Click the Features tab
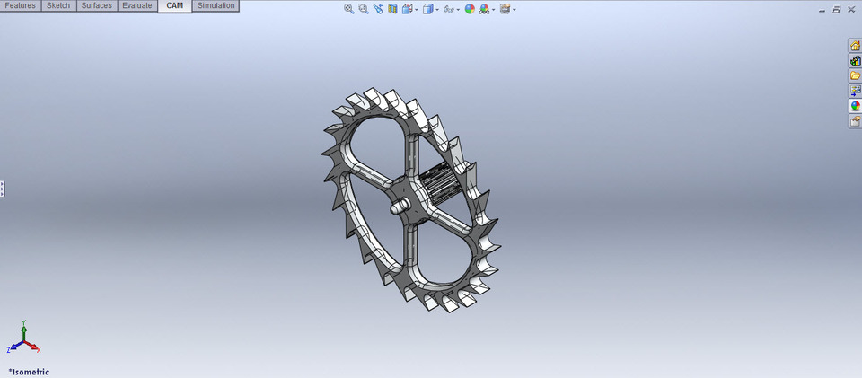21,5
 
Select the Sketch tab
58,5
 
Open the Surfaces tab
96,5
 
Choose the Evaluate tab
136,5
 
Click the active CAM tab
174,5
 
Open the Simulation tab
215,5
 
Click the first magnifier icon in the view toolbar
349,9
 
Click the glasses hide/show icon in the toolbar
448,9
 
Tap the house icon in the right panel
855,46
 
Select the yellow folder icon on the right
855,75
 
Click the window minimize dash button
822,10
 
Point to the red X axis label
39,349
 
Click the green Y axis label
24,321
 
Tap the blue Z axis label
9,349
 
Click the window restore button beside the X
837,9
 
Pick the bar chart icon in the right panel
855,61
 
